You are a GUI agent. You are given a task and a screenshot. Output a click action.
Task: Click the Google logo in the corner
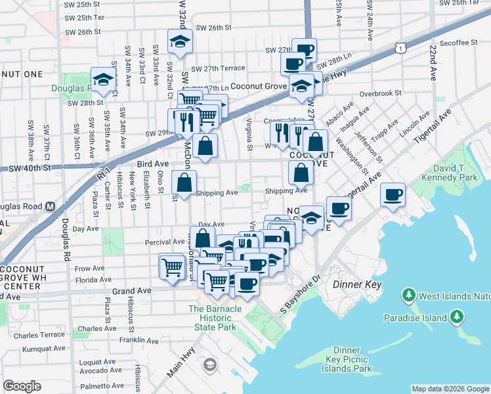[x=22, y=386]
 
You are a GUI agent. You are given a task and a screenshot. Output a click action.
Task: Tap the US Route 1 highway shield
[x=400, y=48]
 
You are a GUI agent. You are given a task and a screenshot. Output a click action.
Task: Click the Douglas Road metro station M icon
[x=50, y=206]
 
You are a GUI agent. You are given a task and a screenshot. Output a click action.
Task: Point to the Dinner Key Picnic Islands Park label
[x=347, y=359]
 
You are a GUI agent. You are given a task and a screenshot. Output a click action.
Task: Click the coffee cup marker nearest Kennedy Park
[x=393, y=194]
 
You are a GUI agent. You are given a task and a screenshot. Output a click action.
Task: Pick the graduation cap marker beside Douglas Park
[x=103, y=79]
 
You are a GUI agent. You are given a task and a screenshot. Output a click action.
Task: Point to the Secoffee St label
[x=458, y=43]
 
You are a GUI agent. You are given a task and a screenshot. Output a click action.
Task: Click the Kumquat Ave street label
[x=41, y=348]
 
